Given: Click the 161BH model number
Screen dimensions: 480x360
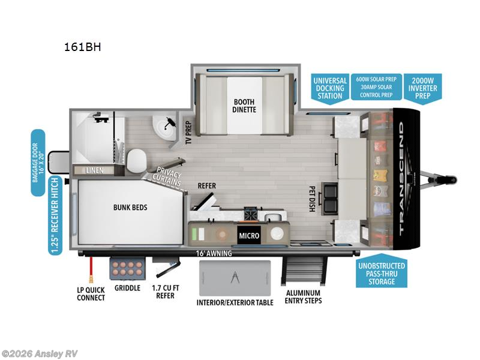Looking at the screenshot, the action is click(x=82, y=47).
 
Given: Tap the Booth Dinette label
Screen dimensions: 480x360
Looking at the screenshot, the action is click(x=244, y=106).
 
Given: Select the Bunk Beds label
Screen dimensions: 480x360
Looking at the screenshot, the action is click(x=130, y=207).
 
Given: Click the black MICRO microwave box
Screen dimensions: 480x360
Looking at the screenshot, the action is click(x=249, y=235).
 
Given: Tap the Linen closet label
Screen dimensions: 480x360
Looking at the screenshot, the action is click(x=95, y=170).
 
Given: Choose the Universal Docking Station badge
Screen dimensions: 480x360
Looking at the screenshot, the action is click(x=329, y=88).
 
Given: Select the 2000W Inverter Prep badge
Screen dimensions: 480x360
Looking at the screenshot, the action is click(x=423, y=88).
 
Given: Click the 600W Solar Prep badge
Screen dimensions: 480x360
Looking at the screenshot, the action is click(x=376, y=87).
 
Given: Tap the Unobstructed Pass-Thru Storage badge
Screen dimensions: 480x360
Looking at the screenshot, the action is click(x=382, y=272).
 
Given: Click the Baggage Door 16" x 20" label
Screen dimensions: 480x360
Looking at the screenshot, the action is click(x=38, y=163).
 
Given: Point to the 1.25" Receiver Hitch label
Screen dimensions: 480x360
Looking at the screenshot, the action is click(x=55, y=216).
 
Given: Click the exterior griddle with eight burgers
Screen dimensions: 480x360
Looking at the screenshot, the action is click(x=128, y=268).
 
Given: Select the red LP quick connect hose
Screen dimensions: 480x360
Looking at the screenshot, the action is click(x=91, y=269).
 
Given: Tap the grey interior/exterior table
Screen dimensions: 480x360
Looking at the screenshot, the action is click(x=235, y=278).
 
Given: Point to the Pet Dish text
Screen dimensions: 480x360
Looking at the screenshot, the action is click(x=312, y=199).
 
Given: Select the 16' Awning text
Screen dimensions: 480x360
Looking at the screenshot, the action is click(x=214, y=253).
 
